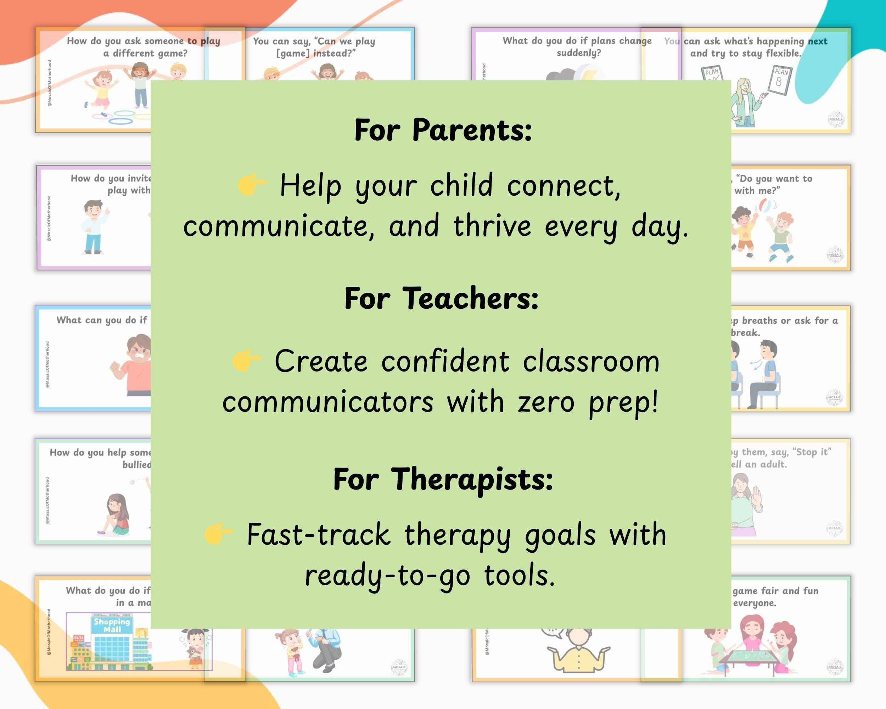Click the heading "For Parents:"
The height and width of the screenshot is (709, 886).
[443, 130]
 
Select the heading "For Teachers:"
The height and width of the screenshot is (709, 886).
[441, 298]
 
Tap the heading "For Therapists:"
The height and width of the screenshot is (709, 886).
[443, 479]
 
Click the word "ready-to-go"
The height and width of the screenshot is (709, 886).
[387, 575]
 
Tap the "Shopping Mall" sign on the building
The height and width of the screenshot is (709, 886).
[112, 625]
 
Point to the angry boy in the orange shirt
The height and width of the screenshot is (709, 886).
[134, 366]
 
